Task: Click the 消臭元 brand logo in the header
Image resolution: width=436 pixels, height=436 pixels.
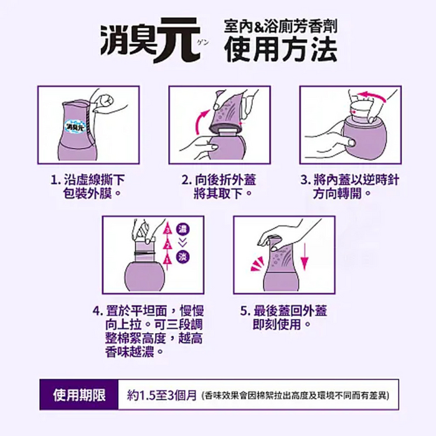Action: click(151, 40)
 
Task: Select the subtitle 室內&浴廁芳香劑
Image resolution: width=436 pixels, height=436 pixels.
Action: click(281, 27)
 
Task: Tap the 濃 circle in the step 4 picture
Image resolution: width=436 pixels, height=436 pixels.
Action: click(183, 229)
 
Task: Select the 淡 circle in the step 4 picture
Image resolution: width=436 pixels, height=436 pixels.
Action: click(183, 256)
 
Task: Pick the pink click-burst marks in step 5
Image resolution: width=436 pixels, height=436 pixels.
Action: click(257, 264)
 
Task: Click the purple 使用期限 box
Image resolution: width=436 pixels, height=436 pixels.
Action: click(79, 394)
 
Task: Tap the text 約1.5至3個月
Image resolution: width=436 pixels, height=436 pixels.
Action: click(162, 395)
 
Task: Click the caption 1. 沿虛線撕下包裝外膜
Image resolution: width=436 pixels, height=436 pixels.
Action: click(88, 186)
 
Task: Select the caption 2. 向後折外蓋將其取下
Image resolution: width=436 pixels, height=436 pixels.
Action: click(219, 186)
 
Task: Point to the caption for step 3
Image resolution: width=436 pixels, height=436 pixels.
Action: click(349, 186)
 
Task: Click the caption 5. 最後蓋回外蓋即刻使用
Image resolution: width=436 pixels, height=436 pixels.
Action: click(283, 317)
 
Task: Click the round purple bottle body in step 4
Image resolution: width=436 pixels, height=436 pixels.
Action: click(145, 277)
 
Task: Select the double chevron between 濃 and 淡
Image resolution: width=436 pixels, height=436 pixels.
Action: click(182, 243)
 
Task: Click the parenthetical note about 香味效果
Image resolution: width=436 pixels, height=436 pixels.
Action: click(296, 396)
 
